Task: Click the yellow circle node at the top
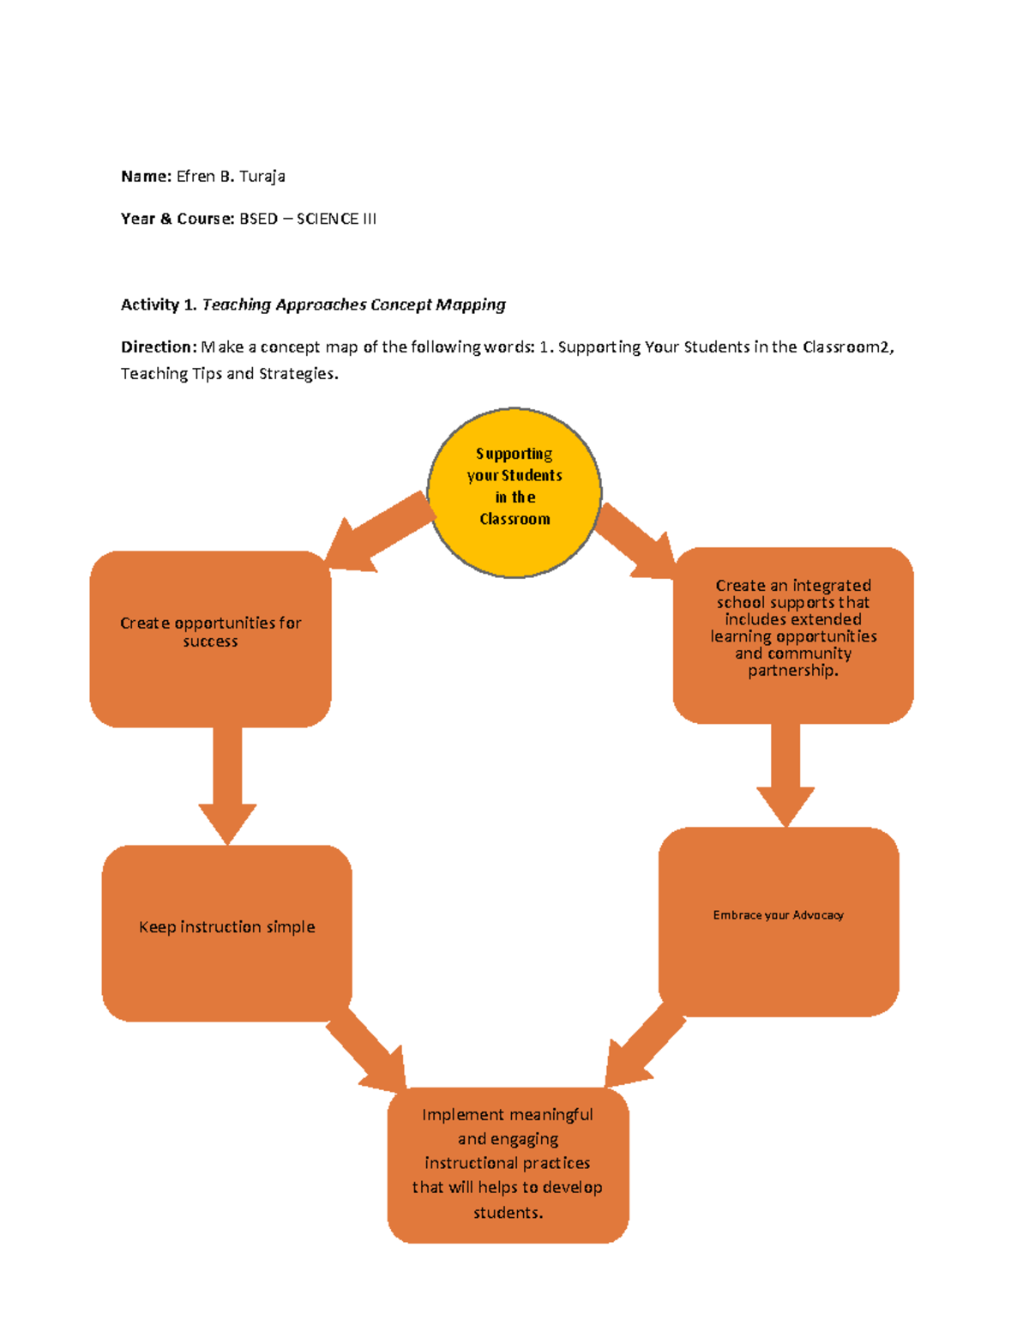click(x=514, y=492)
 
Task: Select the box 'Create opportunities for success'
click(x=210, y=639)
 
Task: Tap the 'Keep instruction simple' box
click(x=226, y=932)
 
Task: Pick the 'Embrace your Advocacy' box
click(x=779, y=921)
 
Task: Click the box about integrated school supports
click(x=793, y=635)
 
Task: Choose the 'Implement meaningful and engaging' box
click(x=508, y=1164)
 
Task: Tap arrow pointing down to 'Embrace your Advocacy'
click(x=785, y=772)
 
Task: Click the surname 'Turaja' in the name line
click(x=262, y=177)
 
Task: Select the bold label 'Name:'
click(x=146, y=177)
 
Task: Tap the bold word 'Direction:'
click(x=159, y=347)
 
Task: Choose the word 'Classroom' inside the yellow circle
click(x=514, y=519)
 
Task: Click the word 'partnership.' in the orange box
click(x=793, y=671)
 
